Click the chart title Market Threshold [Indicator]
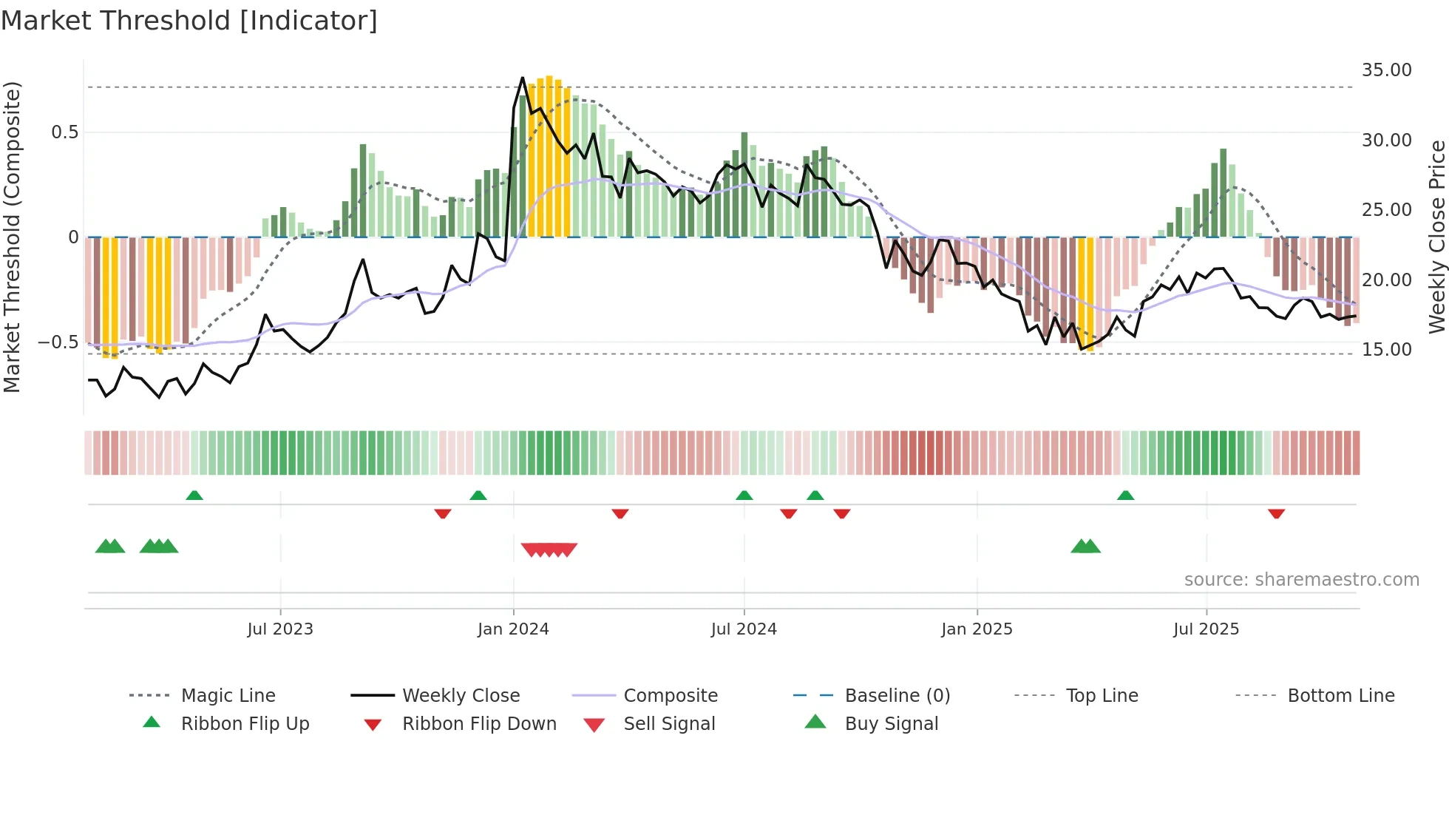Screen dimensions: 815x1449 [x=189, y=21]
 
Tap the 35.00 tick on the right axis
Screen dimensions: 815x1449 [x=1386, y=70]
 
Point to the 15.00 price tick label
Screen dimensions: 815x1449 [x=1386, y=350]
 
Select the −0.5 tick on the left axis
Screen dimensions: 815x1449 [x=58, y=342]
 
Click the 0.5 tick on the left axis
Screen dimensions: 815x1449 [x=64, y=132]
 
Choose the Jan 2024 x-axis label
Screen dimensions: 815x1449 [x=513, y=629]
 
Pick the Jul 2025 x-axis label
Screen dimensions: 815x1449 [x=1206, y=629]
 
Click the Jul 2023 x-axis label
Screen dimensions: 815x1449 [x=280, y=629]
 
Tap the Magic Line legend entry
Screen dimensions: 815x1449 [x=228, y=696]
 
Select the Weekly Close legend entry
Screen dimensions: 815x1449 [x=461, y=696]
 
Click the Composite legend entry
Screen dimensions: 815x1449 [x=670, y=696]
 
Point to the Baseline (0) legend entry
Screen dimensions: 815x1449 [x=897, y=696]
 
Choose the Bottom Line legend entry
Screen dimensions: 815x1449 [x=1340, y=696]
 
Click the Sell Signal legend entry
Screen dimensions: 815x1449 [x=668, y=724]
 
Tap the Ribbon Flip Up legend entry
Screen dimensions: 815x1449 [x=245, y=724]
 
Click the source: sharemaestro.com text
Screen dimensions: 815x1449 [x=1301, y=580]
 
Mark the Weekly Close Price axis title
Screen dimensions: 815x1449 [x=1436, y=237]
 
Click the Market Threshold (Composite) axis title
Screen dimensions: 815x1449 [x=12, y=237]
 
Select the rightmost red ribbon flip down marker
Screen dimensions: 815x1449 [x=1276, y=513]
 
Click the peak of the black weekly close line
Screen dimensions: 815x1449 [x=523, y=78]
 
